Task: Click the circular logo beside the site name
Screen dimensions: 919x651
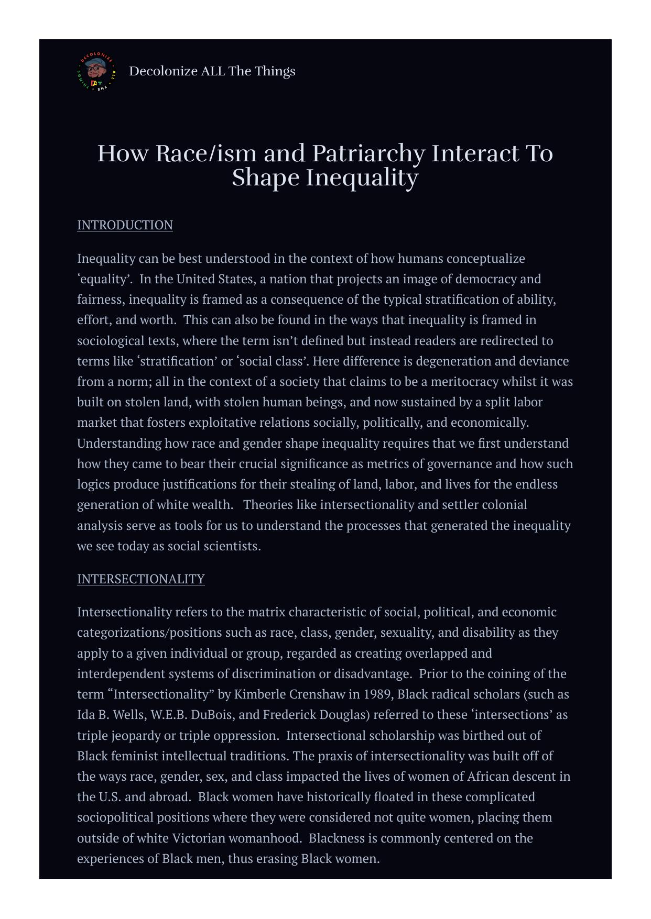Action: coord(96,72)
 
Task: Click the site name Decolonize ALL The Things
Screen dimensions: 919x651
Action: coord(212,71)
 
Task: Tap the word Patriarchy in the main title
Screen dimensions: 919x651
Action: coord(368,153)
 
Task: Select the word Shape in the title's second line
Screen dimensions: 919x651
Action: coord(265,178)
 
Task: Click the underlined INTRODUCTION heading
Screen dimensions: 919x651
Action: coord(125,225)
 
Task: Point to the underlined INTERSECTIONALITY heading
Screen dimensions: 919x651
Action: coord(140,579)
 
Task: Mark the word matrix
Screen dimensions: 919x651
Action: coord(266,612)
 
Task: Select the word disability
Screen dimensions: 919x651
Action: coord(489,633)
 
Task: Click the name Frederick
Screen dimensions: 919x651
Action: coord(288,715)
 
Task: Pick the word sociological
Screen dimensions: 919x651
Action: coord(110,341)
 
